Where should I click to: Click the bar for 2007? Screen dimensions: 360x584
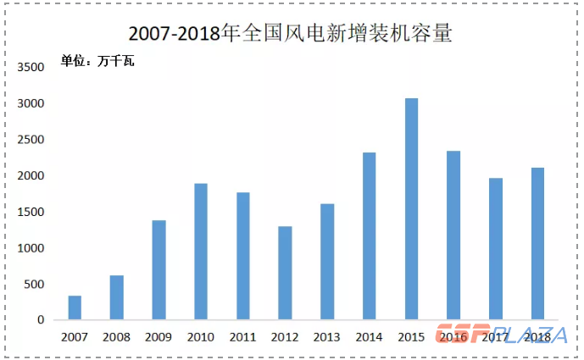tap(75, 308)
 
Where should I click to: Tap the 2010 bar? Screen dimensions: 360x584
tap(201, 252)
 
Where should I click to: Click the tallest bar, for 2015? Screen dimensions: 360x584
tap(411, 209)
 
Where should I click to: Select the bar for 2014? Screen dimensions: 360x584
tap(369, 236)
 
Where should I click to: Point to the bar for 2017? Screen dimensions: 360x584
tap(495, 249)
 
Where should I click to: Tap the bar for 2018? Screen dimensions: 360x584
tap(537, 244)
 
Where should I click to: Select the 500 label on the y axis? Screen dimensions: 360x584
tap(35, 285)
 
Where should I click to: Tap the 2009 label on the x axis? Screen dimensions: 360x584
tap(159, 336)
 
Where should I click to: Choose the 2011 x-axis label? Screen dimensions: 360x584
tap(243, 336)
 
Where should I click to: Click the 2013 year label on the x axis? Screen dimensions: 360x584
tap(327, 336)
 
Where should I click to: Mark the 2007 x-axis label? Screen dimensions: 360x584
tap(75, 336)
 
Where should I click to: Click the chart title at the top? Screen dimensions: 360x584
tap(291, 34)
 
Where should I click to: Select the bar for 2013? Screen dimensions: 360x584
tap(327, 262)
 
